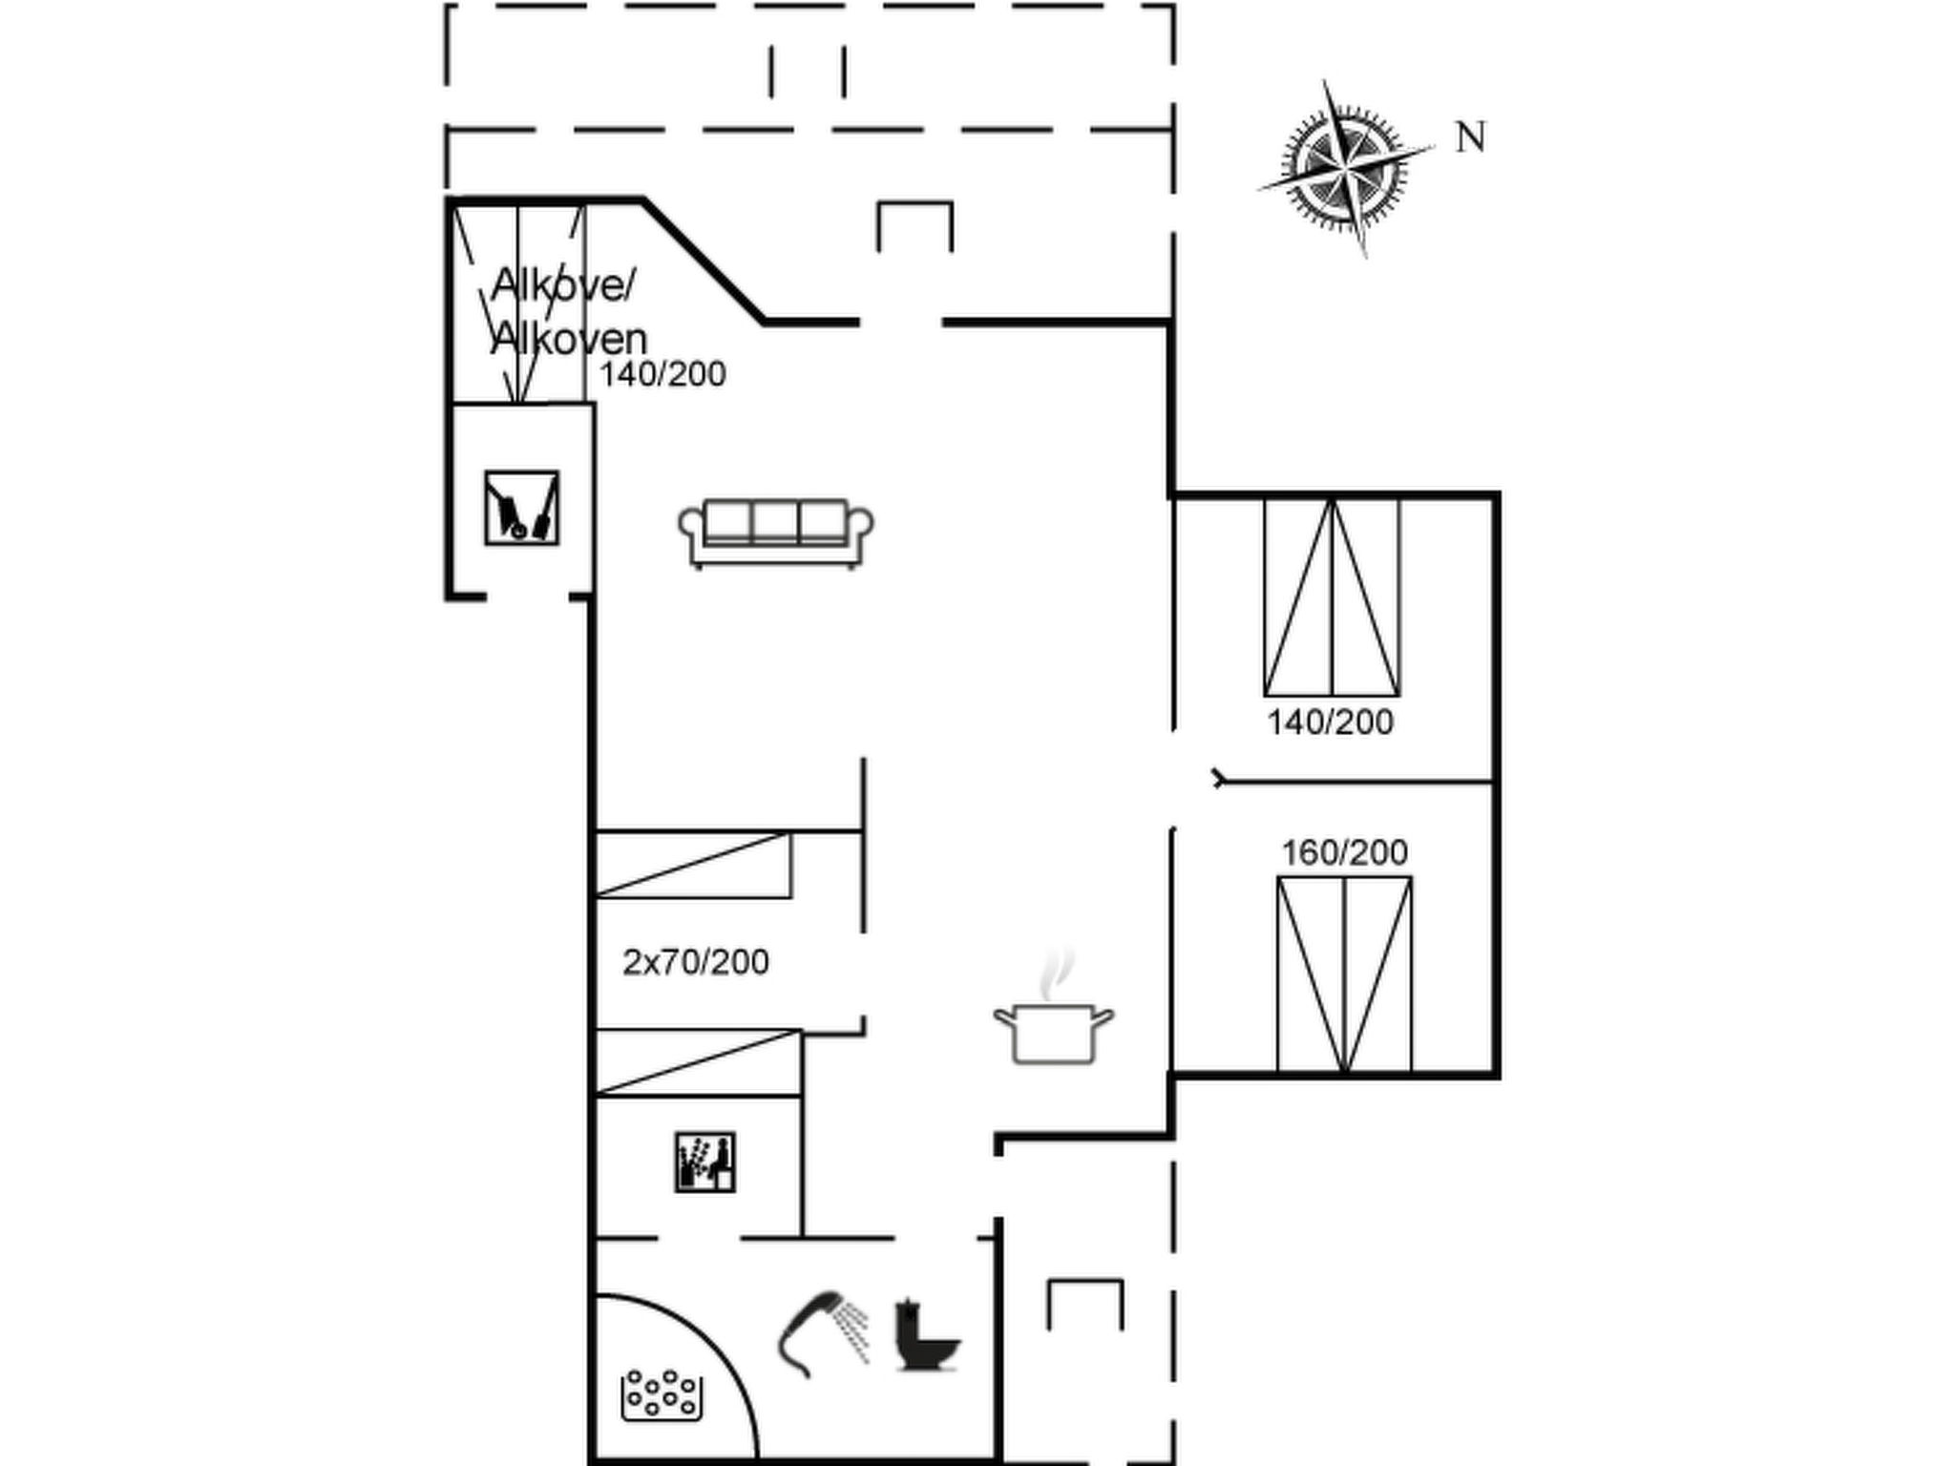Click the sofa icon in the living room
click(x=776, y=534)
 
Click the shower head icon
click(x=824, y=1334)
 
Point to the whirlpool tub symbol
click(x=662, y=1394)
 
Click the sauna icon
click(x=705, y=1162)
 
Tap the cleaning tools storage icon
click(x=521, y=508)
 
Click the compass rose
click(x=1346, y=169)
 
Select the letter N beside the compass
click(x=1470, y=137)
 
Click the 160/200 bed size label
click(x=1344, y=852)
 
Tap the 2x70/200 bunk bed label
click(x=696, y=962)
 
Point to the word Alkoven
click(x=569, y=339)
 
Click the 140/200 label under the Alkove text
click(x=662, y=374)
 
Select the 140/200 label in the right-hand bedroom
click(x=1330, y=723)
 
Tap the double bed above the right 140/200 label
click(x=1332, y=597)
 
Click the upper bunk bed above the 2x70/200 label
click(x=694, y=865)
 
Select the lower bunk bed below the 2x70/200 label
click(x=699, y=1062)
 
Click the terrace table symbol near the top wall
click(x=914, y=226)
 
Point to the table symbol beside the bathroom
click(x=1085, y=1305)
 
